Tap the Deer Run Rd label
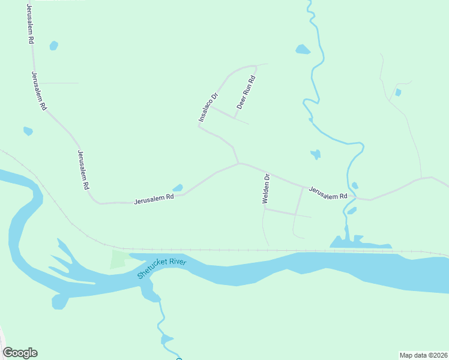coord(246,92)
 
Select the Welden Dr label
coord(267,189)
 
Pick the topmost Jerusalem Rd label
coord(29,24)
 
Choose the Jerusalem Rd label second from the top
coord(39,91)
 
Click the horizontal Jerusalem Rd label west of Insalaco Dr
coord(154,197)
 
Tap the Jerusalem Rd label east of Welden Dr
coord(328,193)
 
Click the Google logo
coord(20,353)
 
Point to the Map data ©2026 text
coord(423,355)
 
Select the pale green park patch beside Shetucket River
coord(119,259)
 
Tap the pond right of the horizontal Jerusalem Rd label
coord(178,188)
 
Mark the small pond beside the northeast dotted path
coord(398,92)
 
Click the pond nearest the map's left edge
coord(28,131)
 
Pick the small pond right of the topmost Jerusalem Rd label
coord(54,46)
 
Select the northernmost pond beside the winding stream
coord(303,49)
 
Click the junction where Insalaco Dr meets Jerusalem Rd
coord(239,163)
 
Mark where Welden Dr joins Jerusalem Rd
coord(267,172)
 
